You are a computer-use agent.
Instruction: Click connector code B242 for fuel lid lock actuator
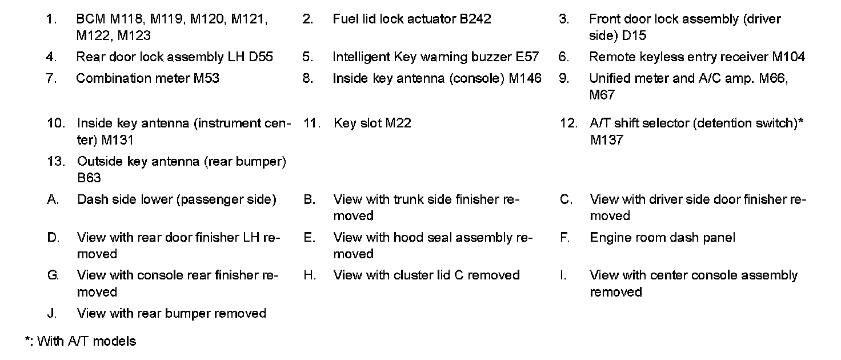[475, 19]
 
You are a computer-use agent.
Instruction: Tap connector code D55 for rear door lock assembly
[261, 57]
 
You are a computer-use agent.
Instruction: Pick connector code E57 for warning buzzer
[526, 57]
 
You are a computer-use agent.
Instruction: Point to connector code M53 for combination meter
[206, 78]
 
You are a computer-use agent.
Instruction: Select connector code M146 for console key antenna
[524, 78]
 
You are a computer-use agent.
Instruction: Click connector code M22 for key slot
[398, 123]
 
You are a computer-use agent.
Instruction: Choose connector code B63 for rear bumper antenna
[89, 178]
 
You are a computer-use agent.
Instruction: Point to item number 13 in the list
[55, 161]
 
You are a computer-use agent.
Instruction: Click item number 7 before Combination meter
[51, 78]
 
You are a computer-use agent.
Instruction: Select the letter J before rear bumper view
[52, 313]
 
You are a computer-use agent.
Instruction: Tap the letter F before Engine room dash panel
[564, 237]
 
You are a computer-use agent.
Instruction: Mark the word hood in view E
[410, 237]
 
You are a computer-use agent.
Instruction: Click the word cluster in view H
[413, 275]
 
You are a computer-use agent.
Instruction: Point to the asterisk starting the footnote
[27, 341]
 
